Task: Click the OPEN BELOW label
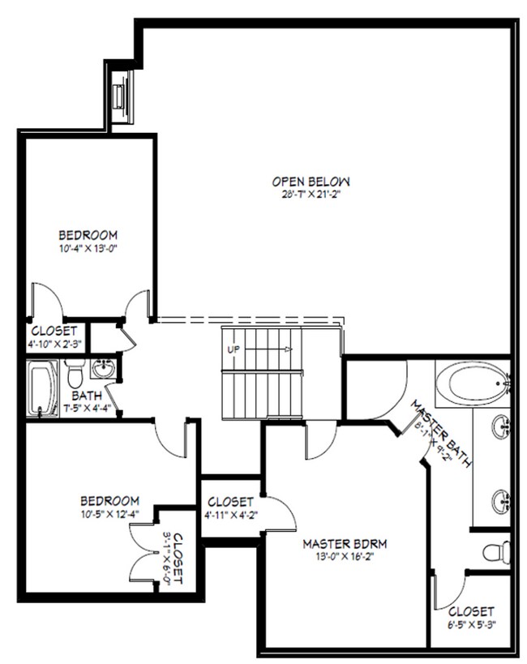311,182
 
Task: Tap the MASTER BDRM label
345,544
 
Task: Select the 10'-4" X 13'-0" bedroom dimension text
88,248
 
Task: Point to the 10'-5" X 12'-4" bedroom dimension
109,514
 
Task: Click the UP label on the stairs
234,349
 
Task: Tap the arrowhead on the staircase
289,349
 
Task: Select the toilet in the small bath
75,374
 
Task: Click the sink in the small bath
103,369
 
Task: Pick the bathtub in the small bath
42,388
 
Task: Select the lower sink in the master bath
502,502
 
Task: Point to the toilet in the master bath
497,552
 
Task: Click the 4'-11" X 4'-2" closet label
231,508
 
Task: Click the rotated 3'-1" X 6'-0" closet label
174,559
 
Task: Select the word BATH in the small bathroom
87,396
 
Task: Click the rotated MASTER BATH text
441,434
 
